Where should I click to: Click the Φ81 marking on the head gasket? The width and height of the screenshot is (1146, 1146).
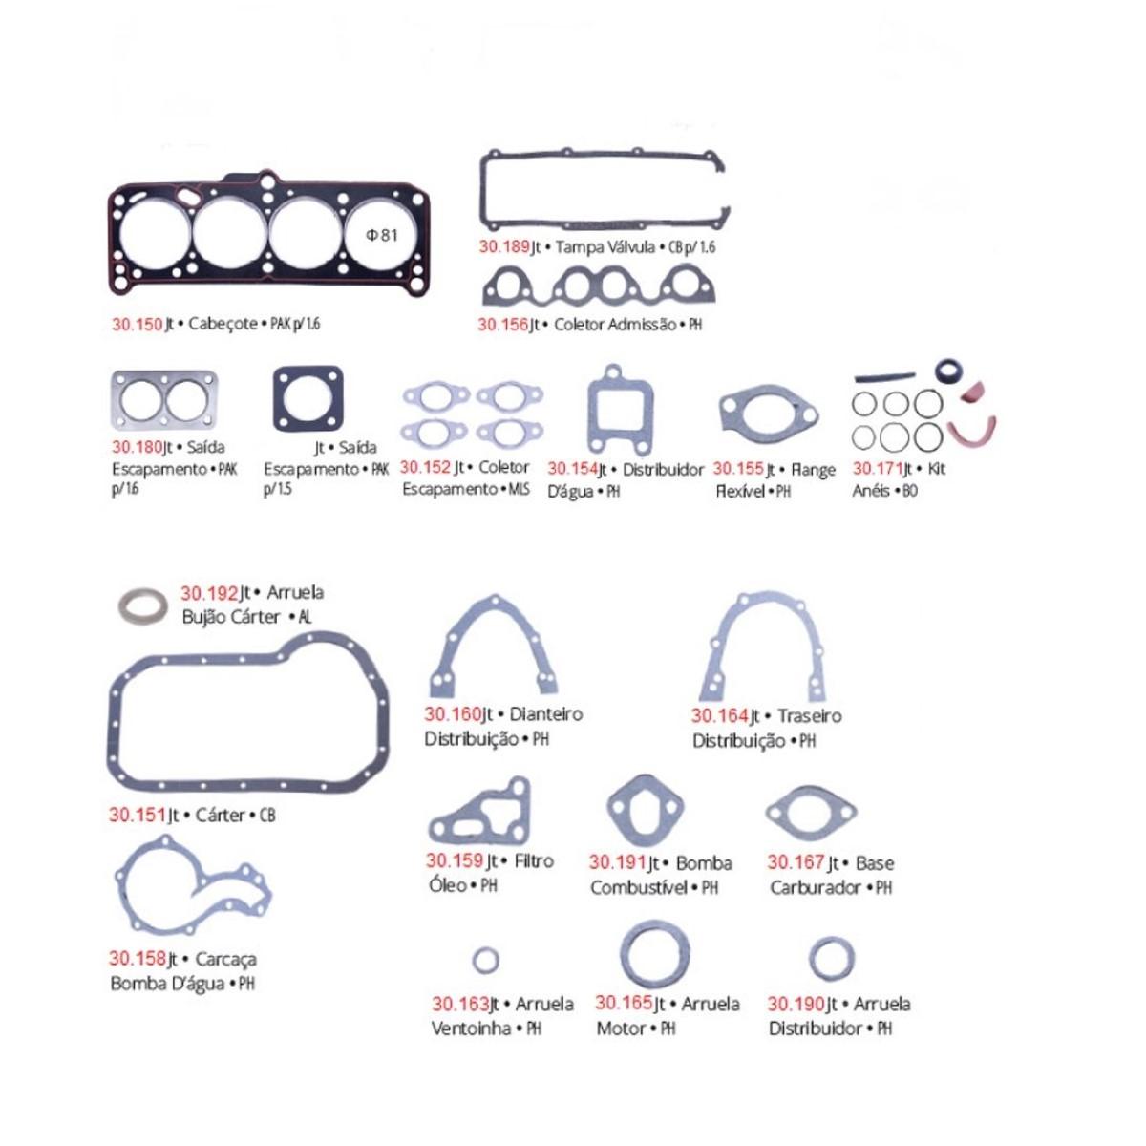(x=382, y=235)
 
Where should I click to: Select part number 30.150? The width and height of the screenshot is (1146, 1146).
(x=138, y=324)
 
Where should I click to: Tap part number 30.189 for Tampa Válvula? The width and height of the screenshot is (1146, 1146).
(x=503, y=247)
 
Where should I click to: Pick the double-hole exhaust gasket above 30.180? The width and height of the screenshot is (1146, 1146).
(x=164, y=401)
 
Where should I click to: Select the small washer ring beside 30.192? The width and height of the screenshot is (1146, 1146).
(x=141, y=605)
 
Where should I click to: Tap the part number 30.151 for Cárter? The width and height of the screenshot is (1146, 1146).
(x=136, y=816)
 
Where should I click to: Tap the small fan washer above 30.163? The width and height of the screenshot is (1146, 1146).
(x=486, y=960)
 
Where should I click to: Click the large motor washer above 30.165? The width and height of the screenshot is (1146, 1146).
(x=655, y=955)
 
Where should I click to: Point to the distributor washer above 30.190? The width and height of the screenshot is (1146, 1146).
(x=832, y=959)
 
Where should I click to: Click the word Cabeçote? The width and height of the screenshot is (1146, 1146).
(x=223, y=324)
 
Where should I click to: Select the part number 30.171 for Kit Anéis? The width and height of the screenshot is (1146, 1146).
(x=877, y=469)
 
